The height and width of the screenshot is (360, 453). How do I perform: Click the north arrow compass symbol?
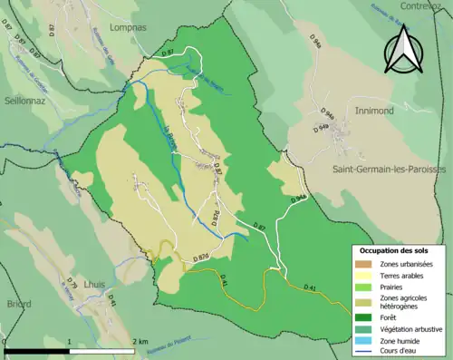click(x=403, y=49)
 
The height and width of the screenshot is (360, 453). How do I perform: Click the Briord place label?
click(x=18, y=305)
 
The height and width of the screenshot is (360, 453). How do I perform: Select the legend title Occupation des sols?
click(x=394, y=249)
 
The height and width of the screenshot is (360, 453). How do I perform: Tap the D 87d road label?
click(x=200, y=258)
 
